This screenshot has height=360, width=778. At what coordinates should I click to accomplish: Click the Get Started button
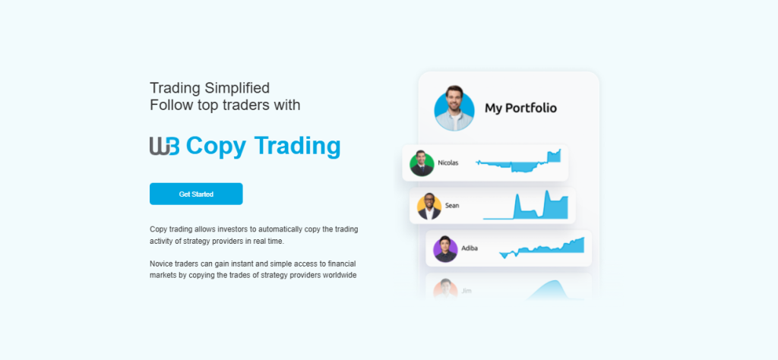[196, 194]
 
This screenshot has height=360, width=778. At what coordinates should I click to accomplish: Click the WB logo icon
[164, 146]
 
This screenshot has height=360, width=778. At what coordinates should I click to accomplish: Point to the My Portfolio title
[520, 108]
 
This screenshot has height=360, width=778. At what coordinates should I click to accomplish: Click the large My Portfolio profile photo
[454, 108]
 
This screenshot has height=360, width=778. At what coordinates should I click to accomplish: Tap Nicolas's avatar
[422, 163]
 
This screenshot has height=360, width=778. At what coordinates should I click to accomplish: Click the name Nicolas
[448, 163]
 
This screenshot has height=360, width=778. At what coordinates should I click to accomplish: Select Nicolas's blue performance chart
[518, 162]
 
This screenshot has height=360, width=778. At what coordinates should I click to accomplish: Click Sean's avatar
[429, 206]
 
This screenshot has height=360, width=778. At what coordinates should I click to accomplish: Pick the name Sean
[452, 205]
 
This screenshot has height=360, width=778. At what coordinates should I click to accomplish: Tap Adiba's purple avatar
[445, 248]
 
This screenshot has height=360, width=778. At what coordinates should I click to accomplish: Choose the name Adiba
[470, 248]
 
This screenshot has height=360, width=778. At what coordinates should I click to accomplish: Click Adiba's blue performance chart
[542, 248]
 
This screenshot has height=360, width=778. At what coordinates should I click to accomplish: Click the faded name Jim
[466, 290]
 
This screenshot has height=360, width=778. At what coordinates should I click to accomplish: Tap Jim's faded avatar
[445, 289]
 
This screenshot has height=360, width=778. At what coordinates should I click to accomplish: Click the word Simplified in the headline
[237, 87]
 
